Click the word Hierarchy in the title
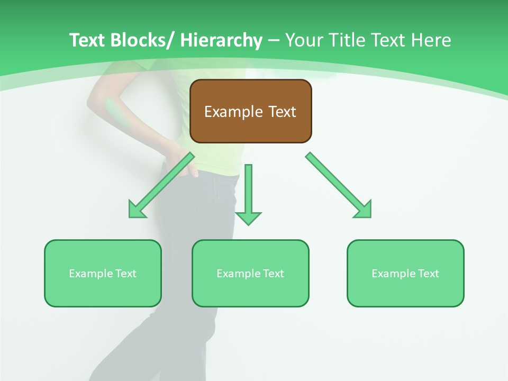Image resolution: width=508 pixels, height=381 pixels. (221, 40)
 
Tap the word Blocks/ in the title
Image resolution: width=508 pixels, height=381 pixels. (142, 40)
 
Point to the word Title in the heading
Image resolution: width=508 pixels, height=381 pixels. (347, 40)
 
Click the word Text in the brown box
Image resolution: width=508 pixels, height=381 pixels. (282, 112)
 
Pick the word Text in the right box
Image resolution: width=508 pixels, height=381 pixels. (428, 274)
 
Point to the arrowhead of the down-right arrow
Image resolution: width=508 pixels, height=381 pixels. (364, 211)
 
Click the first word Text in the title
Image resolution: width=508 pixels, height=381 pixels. (87, 40)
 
